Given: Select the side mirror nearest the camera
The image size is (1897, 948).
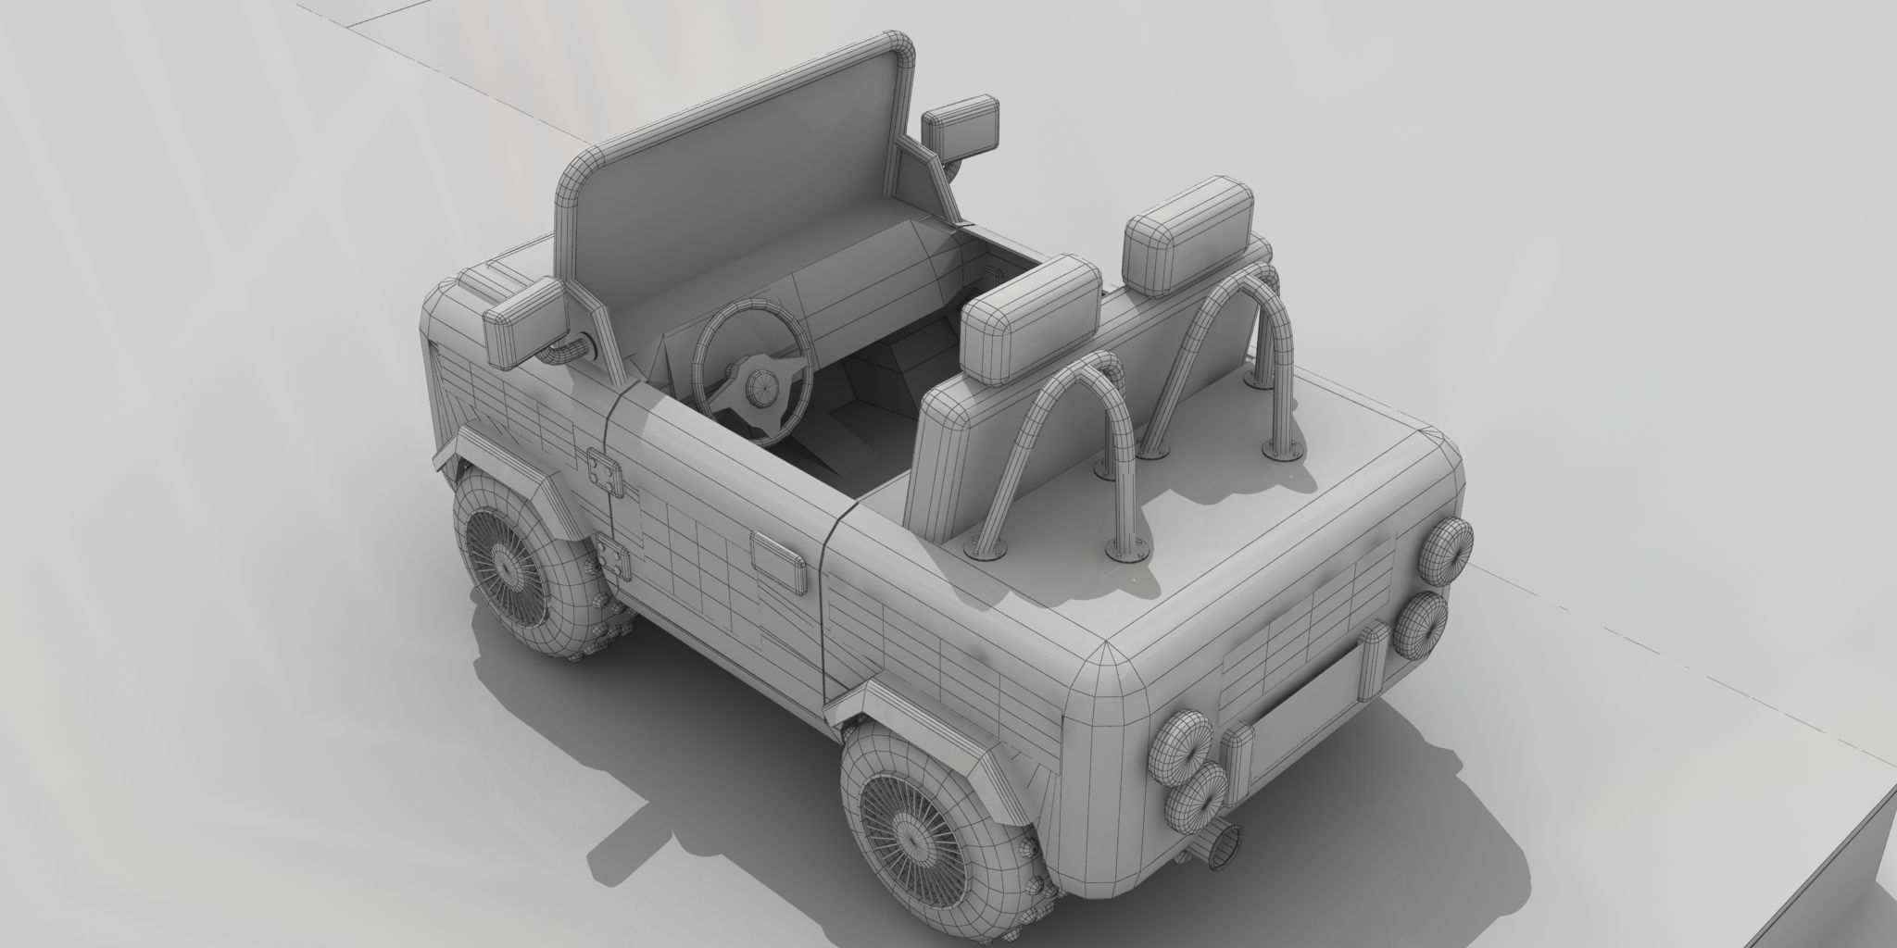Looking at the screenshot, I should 524,319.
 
